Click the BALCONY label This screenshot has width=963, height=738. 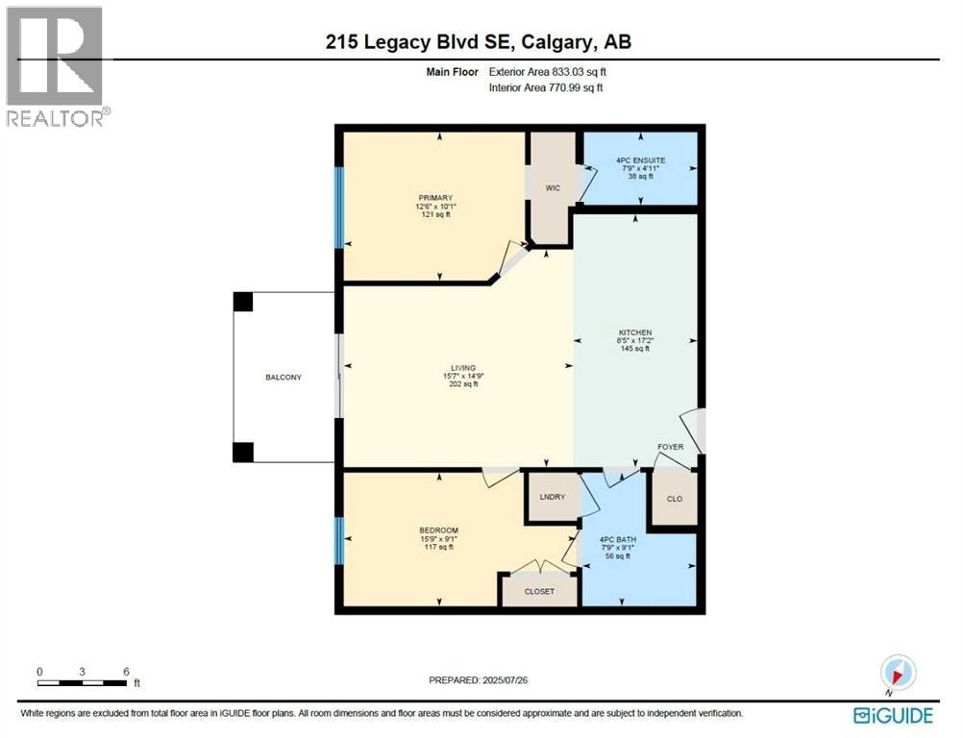coord(284,377)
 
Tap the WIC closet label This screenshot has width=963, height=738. coord(553,188)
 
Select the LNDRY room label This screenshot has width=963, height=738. coord(552,497)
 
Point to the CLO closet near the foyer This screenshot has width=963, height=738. coord(675,499)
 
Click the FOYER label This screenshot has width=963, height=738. coord(670,447)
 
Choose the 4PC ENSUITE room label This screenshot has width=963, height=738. coord(641,160)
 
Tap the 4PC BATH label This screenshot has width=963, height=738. coord(618,540)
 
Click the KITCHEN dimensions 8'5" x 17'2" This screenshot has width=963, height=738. coord(634,340)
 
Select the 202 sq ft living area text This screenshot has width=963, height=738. coord(463,383)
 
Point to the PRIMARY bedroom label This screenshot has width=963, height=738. coord(435,198)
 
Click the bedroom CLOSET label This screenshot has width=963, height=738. coord(539,591)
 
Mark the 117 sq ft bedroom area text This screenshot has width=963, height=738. coord(438,547)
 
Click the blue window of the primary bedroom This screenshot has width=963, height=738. coord(337,207)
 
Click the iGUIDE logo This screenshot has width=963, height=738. coord(893,715)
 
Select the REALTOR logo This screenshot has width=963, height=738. coord(57,66)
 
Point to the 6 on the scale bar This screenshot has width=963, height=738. coord(126,671)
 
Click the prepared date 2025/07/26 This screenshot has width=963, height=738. coord(506,680)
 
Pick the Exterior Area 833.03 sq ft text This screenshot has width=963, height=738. coord(548,72)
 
